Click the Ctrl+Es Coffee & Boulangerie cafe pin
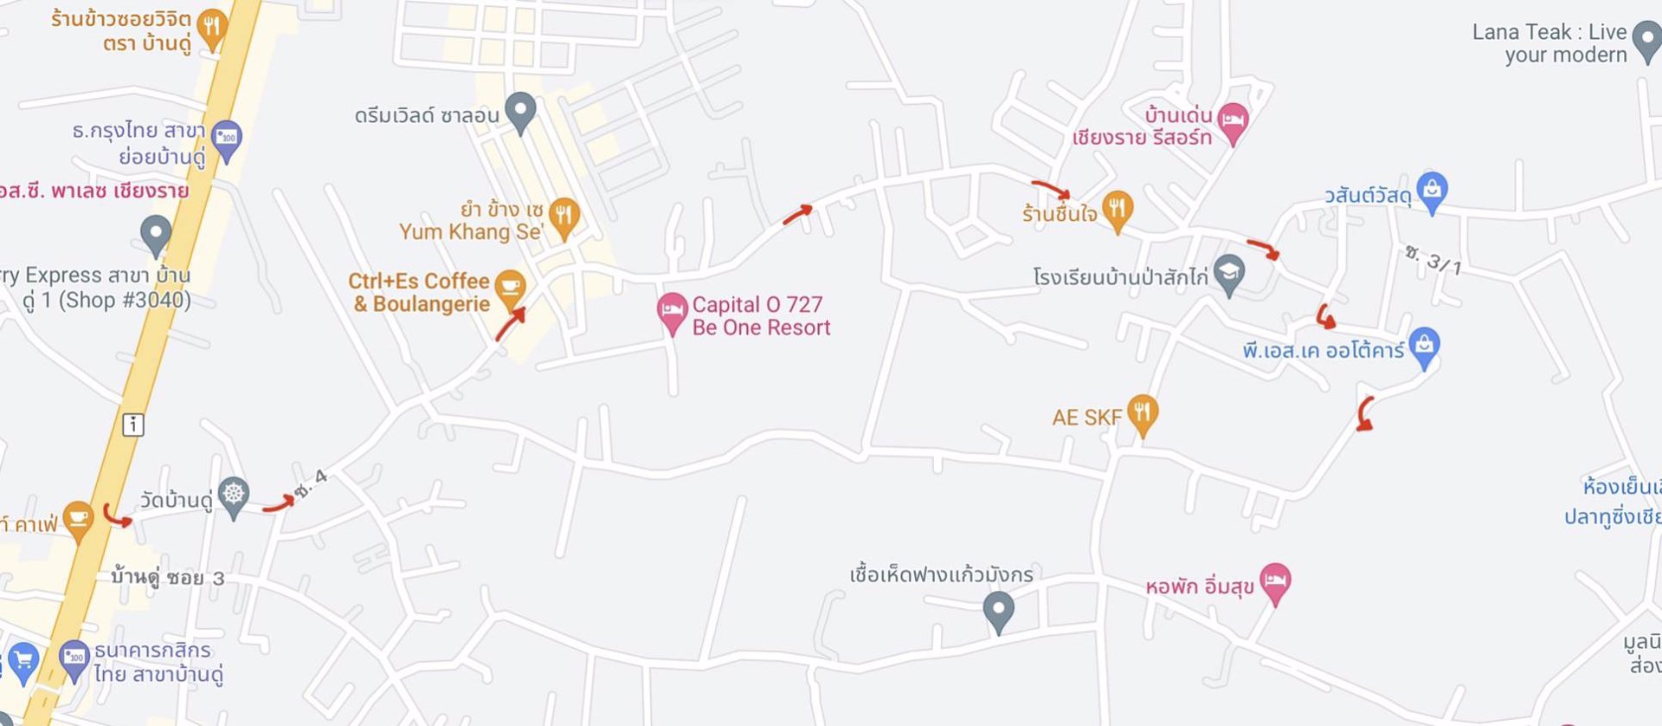point(510,287)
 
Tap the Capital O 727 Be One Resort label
point(760,316)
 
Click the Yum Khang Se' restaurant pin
point(564,216)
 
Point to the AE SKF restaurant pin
point(1143,412)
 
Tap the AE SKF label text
point(1086,418)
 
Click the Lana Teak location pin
point(1646,40)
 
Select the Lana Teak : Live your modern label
point(1549,43)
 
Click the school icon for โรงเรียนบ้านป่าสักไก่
point(1228,273)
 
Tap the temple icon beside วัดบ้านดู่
point(234,496)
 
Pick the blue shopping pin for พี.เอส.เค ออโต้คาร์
point(1424,346)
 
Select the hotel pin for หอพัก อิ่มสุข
point(1274,581)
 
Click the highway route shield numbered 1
point(132,425)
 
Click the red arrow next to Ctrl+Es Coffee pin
point(511,323)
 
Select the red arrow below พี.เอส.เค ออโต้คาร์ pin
point(1364,414)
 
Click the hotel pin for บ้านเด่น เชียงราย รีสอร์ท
point(1232,122)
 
